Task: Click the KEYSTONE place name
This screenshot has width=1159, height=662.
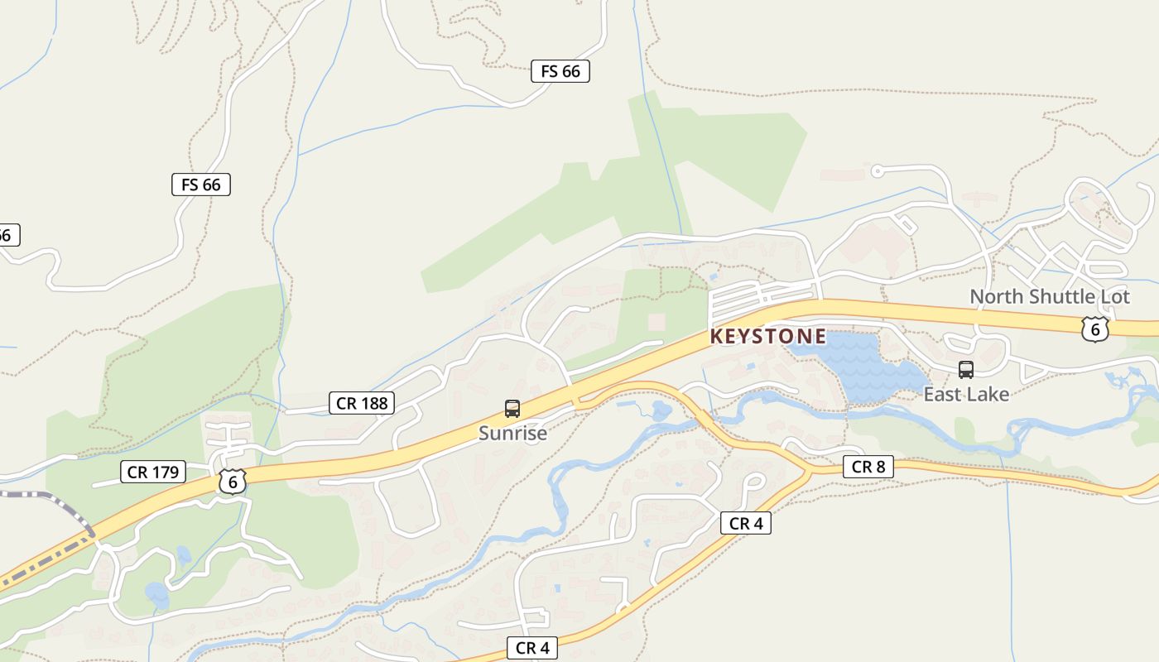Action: pos(767,337)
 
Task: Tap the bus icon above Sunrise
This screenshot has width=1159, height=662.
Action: pos(512,408)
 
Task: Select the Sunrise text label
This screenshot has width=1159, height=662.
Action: pos(512,433)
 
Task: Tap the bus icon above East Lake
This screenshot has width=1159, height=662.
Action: pos(965,369)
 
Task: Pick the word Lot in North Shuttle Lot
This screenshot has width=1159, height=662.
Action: pos(1113,296)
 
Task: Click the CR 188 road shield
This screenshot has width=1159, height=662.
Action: pos(362,403)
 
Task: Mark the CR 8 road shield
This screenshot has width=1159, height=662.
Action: pos(868,467)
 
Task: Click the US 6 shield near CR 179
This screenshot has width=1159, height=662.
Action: pos(233,481)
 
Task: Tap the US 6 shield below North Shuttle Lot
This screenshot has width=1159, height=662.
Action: pos(1094,329)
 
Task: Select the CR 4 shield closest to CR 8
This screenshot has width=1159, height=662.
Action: pos(745,523)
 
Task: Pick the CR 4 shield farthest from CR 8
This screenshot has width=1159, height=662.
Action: pos(532,648)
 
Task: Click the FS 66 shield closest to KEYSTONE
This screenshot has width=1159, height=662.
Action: pos(560,71)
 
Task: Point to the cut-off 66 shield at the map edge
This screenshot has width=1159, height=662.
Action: pos(7,235)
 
